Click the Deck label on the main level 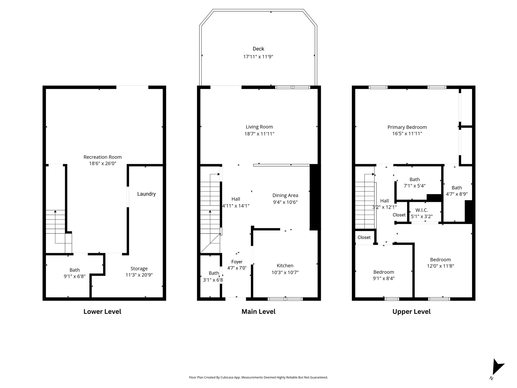258,49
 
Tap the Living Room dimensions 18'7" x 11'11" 259,134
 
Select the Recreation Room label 102,157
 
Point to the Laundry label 146,194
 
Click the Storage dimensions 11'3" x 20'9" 139,275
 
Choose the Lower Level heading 102,311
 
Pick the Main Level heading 258,311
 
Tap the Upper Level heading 411,311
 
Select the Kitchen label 285,265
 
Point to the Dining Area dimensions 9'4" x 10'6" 285,202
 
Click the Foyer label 237,262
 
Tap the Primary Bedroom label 407,127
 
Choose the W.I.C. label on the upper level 422,210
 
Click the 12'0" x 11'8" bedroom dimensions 441,266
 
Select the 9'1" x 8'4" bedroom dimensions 384,278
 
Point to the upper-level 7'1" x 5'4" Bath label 415,179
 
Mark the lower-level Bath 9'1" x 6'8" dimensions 75,276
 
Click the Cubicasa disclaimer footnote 258,377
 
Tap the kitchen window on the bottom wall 285,299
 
